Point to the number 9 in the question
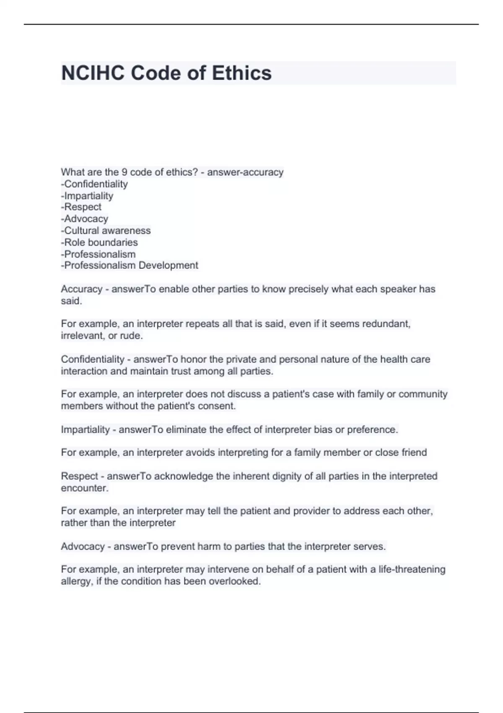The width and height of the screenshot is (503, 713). click(x=124, y=172)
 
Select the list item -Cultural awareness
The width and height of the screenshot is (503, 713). click(x=106, y=231)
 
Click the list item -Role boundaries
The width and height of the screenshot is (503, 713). click(x=99, y=242)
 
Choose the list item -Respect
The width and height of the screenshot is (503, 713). click(x=81, y=207)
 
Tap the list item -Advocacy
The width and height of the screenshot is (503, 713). click(x=85, y=219)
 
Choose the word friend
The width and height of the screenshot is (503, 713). click(x=414, y=453)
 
